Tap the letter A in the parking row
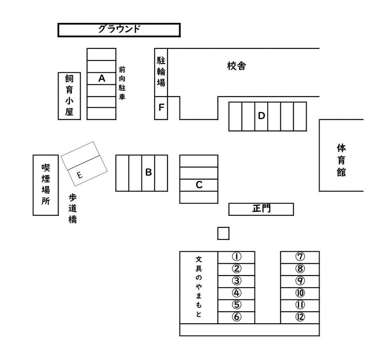[x=102, y=78]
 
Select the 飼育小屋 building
[x=69, y=96]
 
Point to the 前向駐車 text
[x=122, y=84]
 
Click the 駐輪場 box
[x=161, y=72]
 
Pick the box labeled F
[x=161, y=108]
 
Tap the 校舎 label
[x=237, y=66]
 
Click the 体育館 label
[x=341, y=160]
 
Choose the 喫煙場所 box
[x=45, y=185]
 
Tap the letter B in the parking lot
[x=148, y=172]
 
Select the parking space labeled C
[x=199, y=185]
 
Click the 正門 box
[x=261, y=209]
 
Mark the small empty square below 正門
[x=223, y=233]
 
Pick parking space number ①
[x=236, y=257]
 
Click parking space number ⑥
[x=236, y=317]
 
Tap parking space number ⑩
[x=300, y=293]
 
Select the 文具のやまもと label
[x=199, y=287]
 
